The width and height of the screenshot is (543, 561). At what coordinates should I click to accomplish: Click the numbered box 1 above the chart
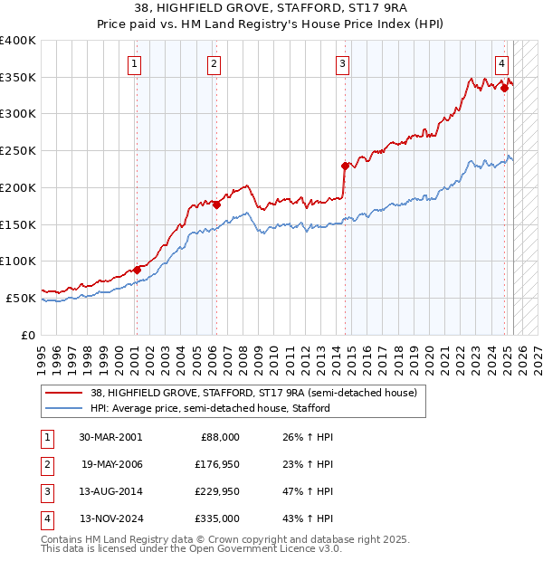pos(134,63)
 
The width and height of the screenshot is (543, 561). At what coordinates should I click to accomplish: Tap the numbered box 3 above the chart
pos(343,63)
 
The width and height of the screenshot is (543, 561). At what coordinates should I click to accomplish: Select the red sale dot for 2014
pos(345,166)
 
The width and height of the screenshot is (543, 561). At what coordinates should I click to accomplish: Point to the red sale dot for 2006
pos(217,204)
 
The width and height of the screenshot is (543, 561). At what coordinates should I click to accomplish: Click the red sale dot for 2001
pos(138,270)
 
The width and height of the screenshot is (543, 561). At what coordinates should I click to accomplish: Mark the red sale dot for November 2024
pos(504,88)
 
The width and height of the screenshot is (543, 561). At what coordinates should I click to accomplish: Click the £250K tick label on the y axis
pos(18,150)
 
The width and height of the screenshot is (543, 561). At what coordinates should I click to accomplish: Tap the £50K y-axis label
pos(21,298)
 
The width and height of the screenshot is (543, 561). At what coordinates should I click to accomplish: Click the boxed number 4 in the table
pos(44,519)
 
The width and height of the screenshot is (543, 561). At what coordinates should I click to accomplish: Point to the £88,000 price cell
pos(219,437)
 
